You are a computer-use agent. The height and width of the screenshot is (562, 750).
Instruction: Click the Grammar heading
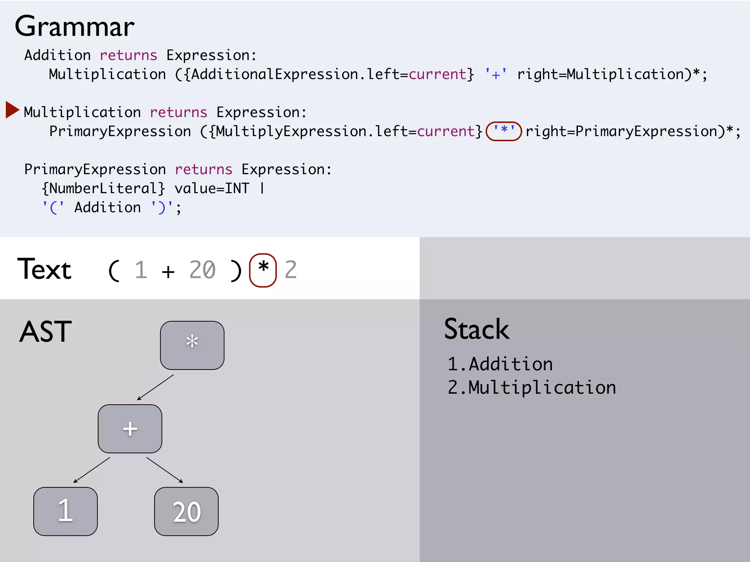pyautogui.click(x=75, y=27)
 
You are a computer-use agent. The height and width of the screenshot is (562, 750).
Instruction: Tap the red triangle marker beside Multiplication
pyautogui.click(x=12, y=110)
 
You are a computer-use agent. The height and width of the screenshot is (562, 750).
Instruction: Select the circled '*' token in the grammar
pyautogui.click(x=504, y=131)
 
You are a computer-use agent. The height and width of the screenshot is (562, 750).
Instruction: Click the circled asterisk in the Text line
pyautogui.click(x=263, y=270)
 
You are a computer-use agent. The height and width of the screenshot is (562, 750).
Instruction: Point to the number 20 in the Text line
pyautogui.click(x=202, y=270)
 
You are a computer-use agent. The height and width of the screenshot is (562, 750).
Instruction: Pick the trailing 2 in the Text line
pyautogui.click(x=290, y=270)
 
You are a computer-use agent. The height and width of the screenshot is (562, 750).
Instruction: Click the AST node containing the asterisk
pyautogui.click(x=192, y=345)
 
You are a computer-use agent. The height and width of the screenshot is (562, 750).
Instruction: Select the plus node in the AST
pyautogui.click(x=130, y=428)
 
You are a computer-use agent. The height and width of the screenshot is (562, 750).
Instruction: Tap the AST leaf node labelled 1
pyautogui.click(x=66, y=511)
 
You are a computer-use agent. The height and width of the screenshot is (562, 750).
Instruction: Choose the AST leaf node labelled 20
pyautogui.click(x=186, y=511)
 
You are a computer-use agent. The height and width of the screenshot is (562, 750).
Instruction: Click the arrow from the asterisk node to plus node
pyautogui.click(x=155, y=387)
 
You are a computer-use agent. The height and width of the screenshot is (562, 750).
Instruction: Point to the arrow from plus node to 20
pyautogui.click(x=164, y=470)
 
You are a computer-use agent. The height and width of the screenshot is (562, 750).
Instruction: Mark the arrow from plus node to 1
pyautogui.click(x=92, y=470)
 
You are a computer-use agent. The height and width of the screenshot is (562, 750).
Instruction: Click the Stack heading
pyautogui.click(x=476, y=329)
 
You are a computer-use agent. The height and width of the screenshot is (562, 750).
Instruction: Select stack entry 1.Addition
pyautogui.click(x=500, y=364)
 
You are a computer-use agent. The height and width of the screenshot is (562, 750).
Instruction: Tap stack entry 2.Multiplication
pyautogui.click(x=532, y=387)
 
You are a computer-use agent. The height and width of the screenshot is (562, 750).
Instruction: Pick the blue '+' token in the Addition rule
pyautogui.click(x=496, y=74)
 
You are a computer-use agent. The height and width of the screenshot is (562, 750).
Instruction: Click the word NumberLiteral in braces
pyautogui.click(x=103, y=188)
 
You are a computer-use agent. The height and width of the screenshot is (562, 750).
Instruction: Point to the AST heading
pyautogui.click(x=45, y=331)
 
